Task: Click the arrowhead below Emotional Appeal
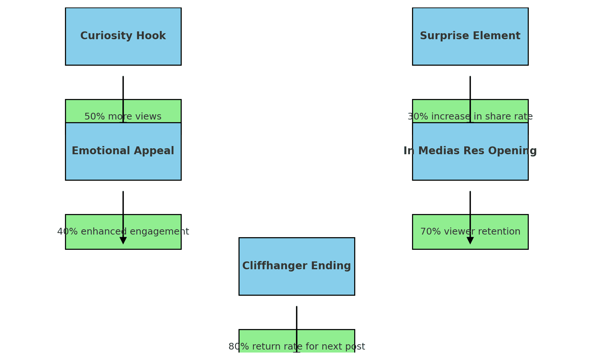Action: tap(123, 240)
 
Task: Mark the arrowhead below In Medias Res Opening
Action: tap(470, 240)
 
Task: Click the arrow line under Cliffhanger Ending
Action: tap(297, 317)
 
